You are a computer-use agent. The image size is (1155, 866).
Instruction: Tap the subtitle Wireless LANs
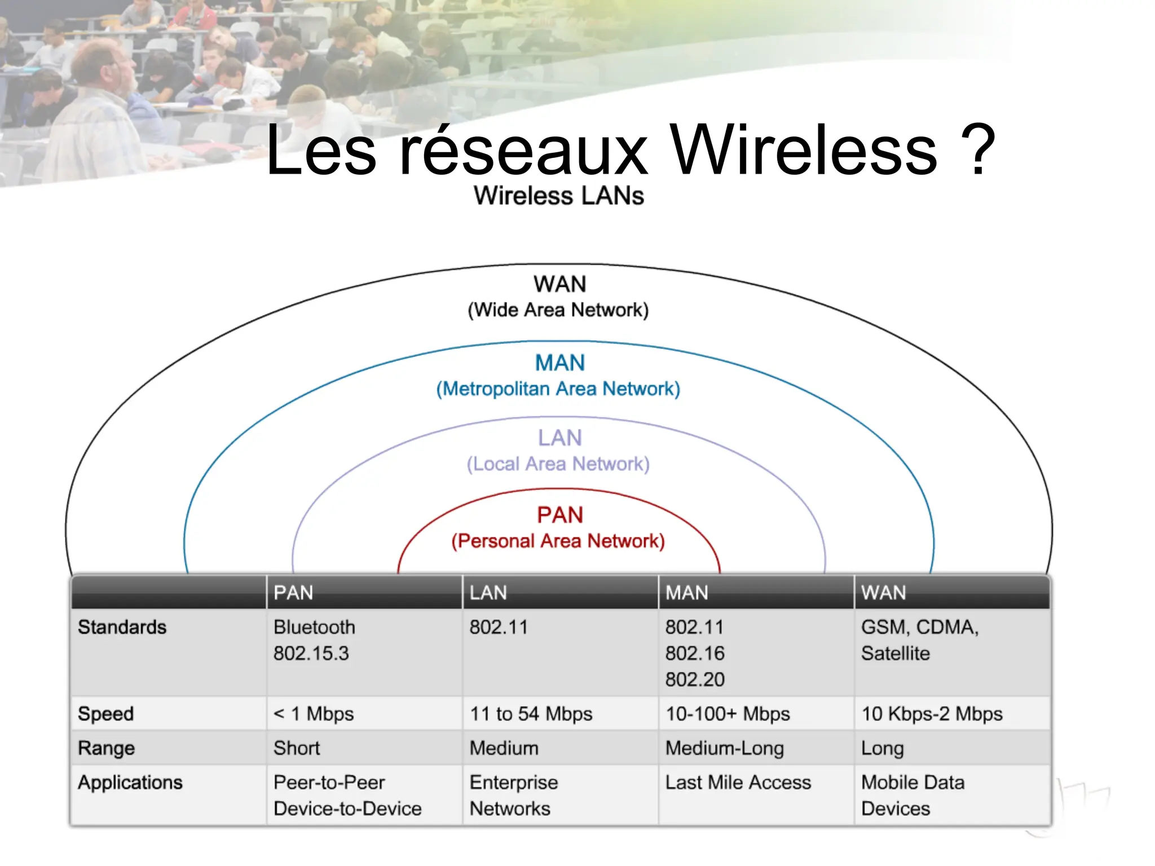(x=558, y=196)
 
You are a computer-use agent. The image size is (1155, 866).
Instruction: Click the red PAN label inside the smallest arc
(x=559, y=515)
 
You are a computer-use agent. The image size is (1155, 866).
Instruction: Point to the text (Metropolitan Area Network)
(x=558, y=389)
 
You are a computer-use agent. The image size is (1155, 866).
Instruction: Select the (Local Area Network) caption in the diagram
(x=558, y=464)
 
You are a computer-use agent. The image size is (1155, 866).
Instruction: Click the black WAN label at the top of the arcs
(x=559, y=284)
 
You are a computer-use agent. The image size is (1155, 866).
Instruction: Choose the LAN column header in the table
(x=488, y=593)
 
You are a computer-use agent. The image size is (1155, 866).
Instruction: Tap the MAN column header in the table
(x=686, y=593)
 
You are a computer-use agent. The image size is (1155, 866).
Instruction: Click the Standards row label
(x=122, y=627)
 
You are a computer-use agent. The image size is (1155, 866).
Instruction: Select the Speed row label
(x=106, y=714)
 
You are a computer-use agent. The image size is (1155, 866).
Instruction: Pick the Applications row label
(x=130, y=783)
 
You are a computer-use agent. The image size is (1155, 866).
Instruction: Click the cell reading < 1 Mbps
(x=314, y=714)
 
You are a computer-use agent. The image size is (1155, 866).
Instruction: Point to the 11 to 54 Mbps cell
(x=531, y=714)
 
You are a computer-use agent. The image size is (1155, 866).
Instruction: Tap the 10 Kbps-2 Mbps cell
(x=932, y=714)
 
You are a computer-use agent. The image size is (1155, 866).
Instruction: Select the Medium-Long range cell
(x=725, y=748)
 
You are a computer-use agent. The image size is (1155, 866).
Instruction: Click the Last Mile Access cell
(x=738, y=783)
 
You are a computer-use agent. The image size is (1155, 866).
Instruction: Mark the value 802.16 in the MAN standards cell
(x=695, y=653)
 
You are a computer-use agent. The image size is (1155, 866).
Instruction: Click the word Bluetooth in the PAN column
(x=314, y=627)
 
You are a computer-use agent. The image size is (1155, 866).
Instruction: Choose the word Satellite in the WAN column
(x=896, y=653)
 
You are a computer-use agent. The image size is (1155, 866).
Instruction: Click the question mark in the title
(x=978, y=151)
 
